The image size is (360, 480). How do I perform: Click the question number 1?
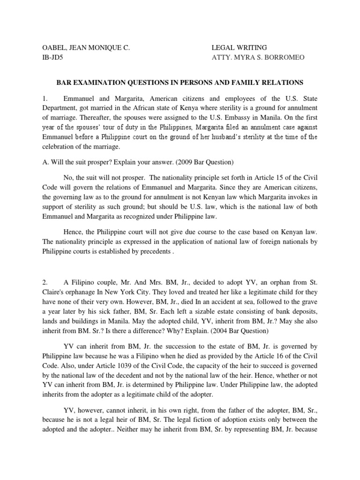45,99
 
